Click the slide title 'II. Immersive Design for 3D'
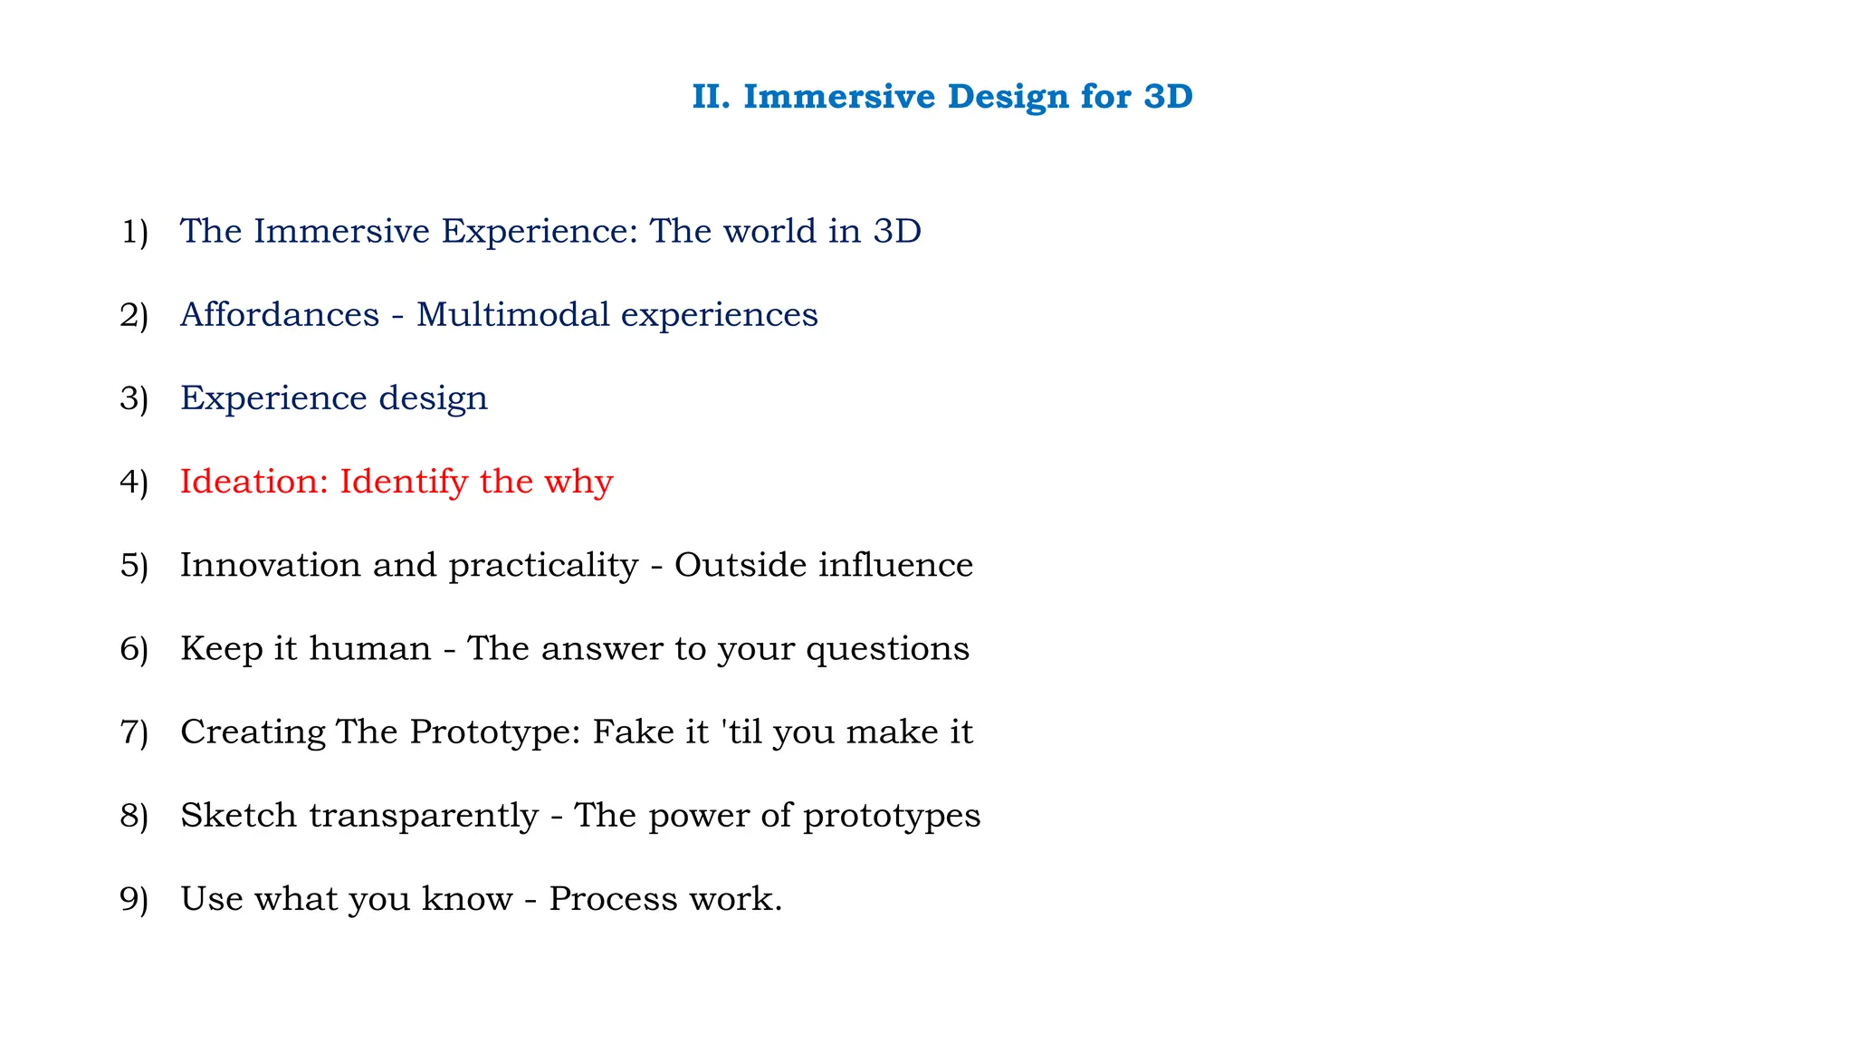(x=942, y=97)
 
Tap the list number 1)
(x=134, y=232)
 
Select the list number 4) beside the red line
(x=134, y=483)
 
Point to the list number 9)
(x=134, y=900)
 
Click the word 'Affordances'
(x=280, y=315)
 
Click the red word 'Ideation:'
(x=253, y=482)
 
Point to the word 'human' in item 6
(x=369, y=649)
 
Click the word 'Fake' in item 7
(x=626, y=732)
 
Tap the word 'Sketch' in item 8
(x=238, y=816)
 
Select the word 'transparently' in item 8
(x=424, y=817)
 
